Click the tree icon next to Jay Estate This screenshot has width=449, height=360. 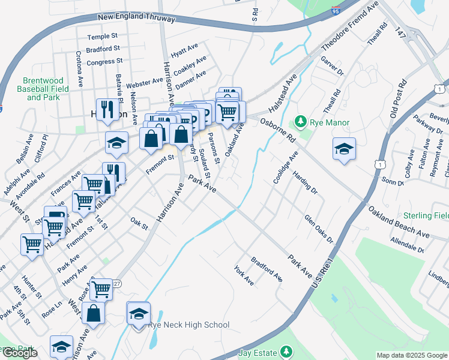[287, 351]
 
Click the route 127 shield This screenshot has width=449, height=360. [116, 283]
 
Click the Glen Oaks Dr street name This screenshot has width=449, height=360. [318, 229]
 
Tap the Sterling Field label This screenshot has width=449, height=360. [427, 215]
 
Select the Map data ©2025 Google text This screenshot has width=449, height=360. [412, 355]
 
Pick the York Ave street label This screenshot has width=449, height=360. [244, 275]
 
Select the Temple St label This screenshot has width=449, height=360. [103, 37]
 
